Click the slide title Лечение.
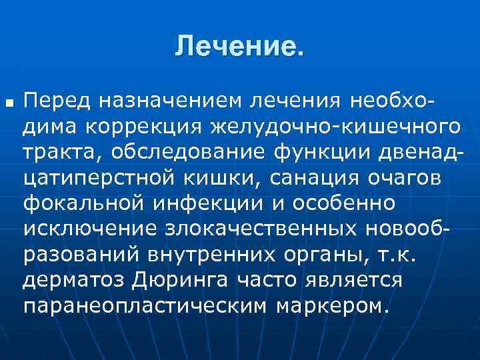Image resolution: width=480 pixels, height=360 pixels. tap(239, 46)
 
